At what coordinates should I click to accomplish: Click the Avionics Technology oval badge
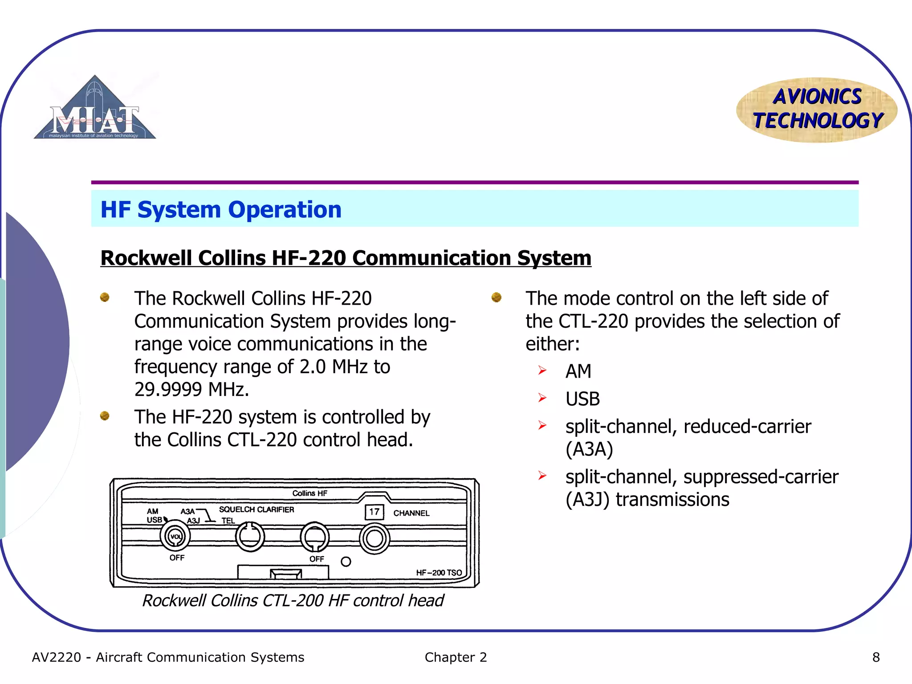point(817,110)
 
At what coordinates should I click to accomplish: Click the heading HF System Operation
point(221,210)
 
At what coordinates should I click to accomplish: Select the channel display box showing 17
point(374,512)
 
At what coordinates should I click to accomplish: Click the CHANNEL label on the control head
point(411,513)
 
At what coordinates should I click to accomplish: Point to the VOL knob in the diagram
point(175,536)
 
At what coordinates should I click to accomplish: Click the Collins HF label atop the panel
point(309,493)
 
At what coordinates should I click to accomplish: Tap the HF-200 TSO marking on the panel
point(439,573)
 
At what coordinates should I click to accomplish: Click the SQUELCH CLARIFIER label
point(256,509)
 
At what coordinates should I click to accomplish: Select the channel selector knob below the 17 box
point(374,538)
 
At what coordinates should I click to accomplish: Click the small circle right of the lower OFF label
point(346,562)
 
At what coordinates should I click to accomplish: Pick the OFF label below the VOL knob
point(177,558)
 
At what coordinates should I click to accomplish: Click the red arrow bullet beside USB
point(542,398)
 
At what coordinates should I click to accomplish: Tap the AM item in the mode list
point(578,371)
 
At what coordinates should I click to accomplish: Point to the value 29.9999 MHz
point(191,390)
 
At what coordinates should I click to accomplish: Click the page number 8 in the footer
point(875,657)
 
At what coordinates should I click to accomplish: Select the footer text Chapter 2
point(456,657)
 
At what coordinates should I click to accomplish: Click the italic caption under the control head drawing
point(293,601)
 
